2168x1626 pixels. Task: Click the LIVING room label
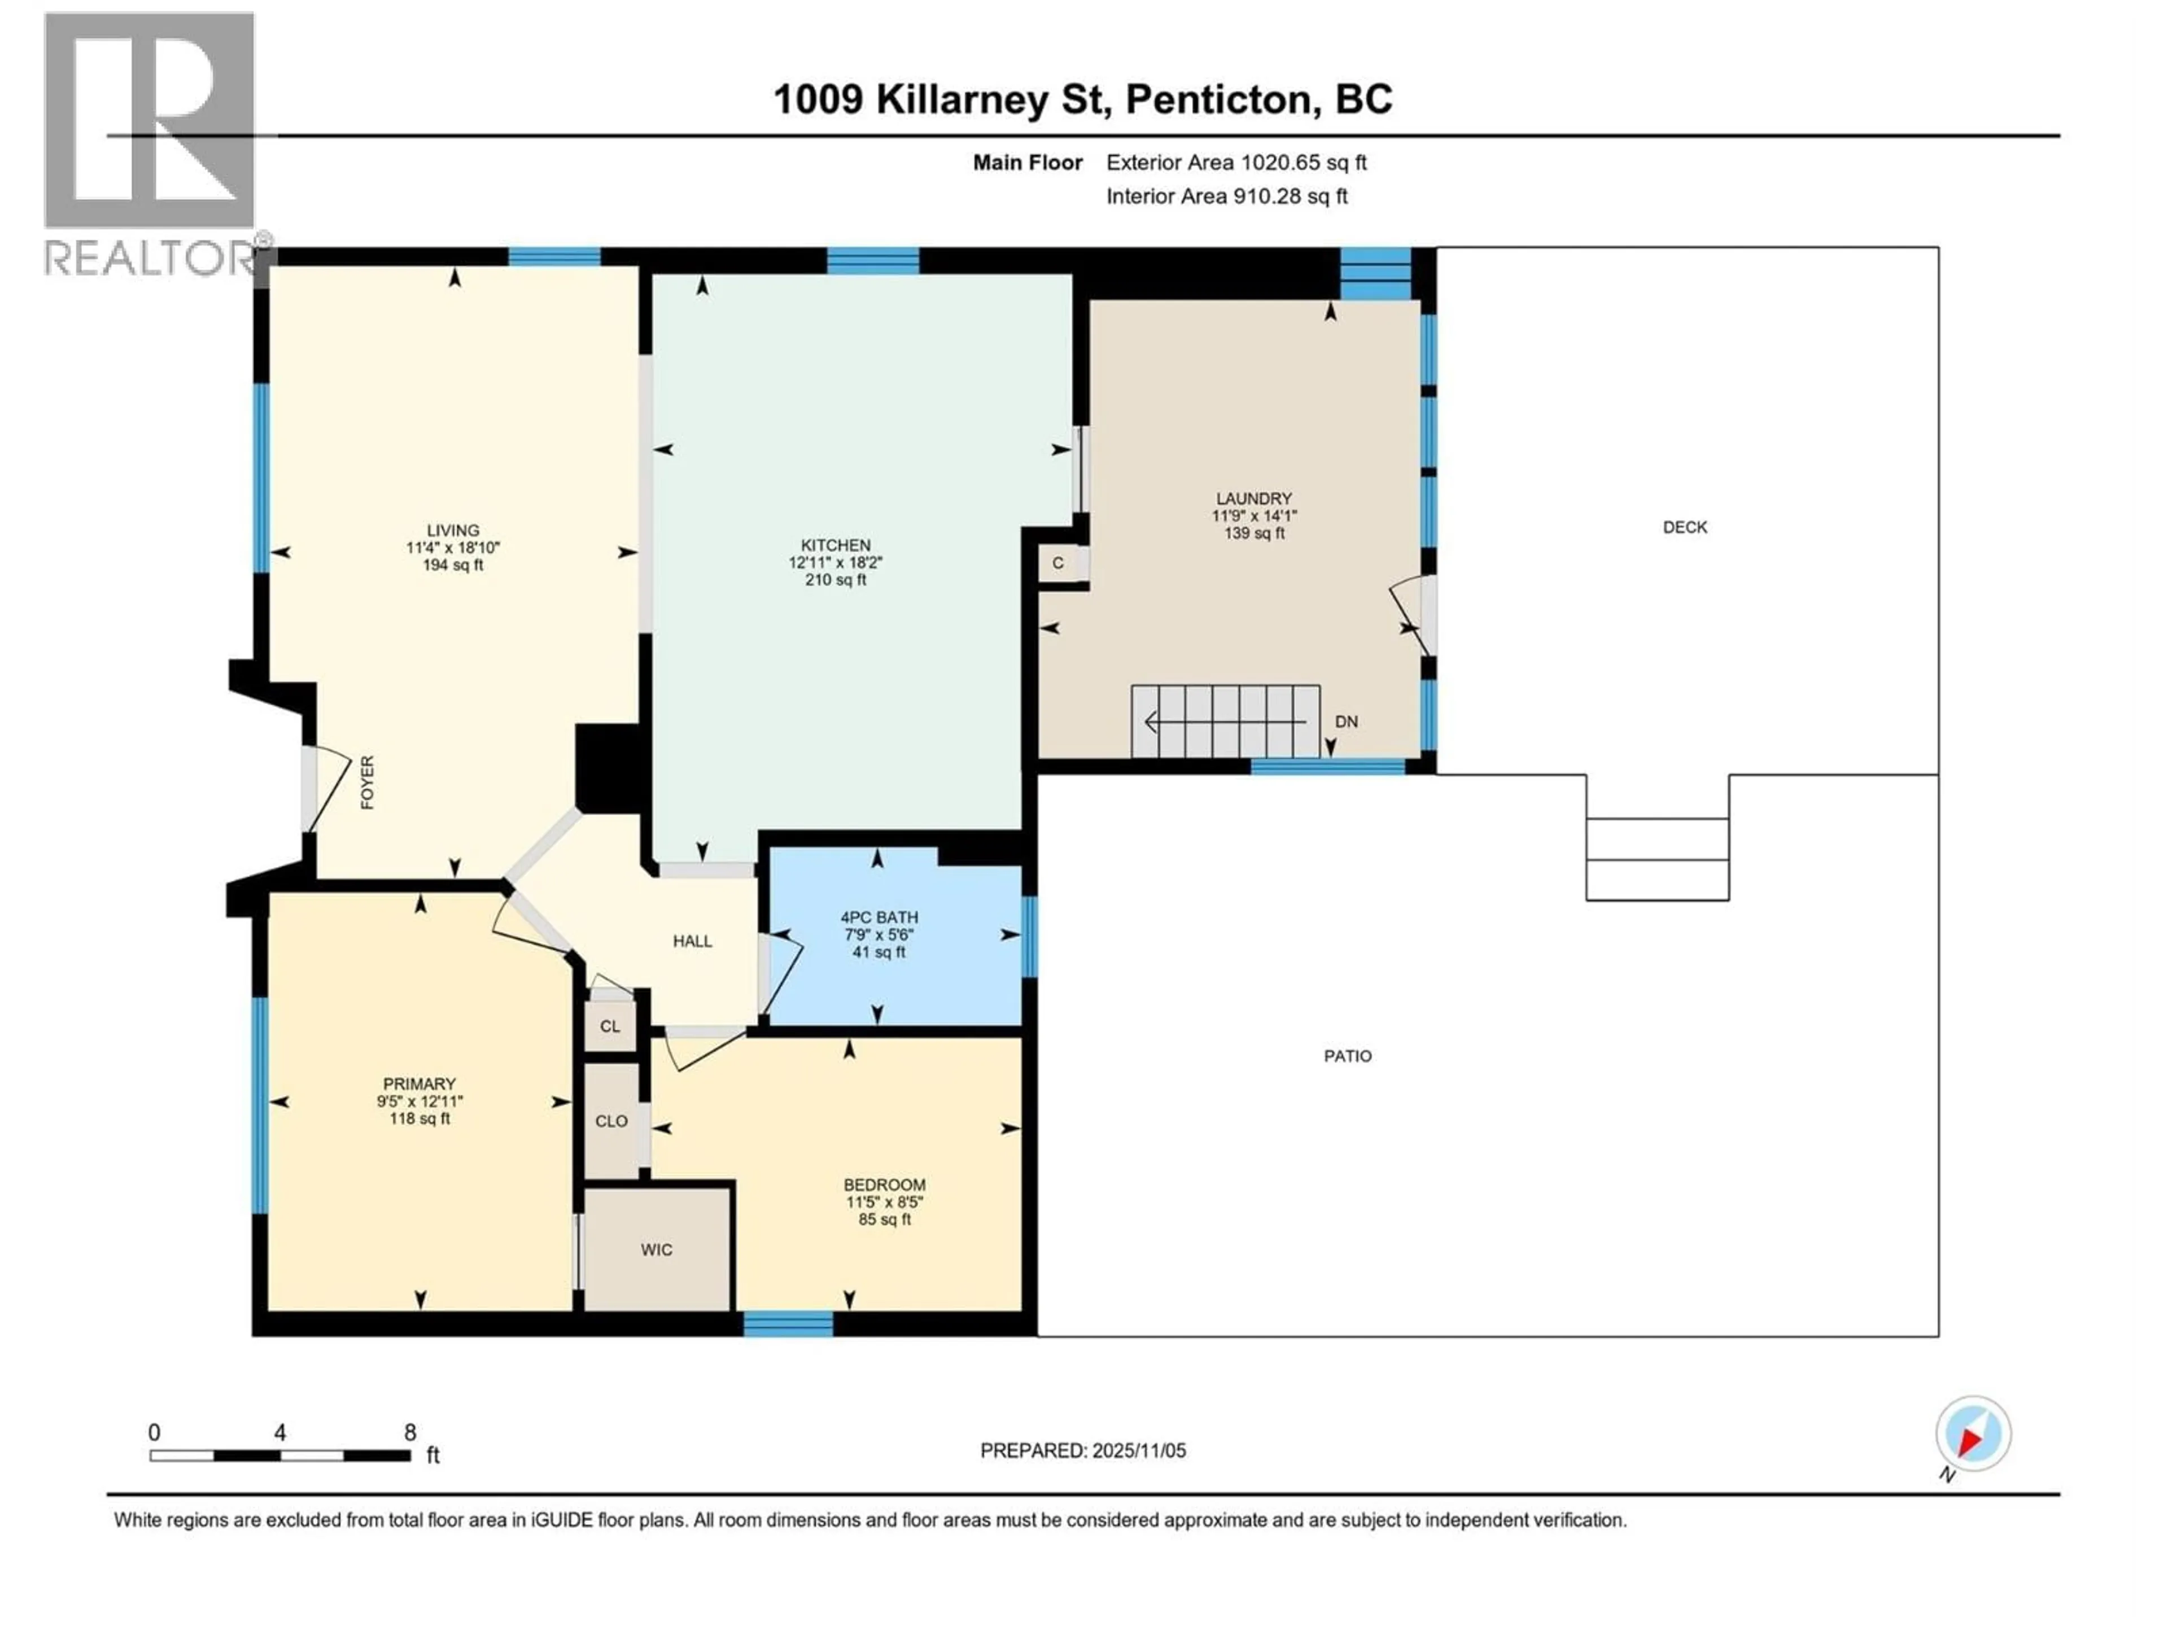coord(453,530)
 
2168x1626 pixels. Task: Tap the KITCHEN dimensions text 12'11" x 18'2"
coord(835,562)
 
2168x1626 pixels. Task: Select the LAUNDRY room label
coord(1253,498)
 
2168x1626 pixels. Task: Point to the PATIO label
coord(1348,1056)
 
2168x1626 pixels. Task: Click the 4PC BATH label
coord(878,917)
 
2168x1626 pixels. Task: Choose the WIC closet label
coord(655,1249)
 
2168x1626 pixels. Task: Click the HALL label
coord(692,941)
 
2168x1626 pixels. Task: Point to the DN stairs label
coord(1347,722)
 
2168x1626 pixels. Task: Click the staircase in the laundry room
coord(1225,722)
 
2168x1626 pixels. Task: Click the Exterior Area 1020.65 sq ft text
coord(1236,163)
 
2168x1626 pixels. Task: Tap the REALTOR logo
coord(152,142)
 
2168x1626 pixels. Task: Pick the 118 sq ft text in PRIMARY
coord(419,1118)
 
